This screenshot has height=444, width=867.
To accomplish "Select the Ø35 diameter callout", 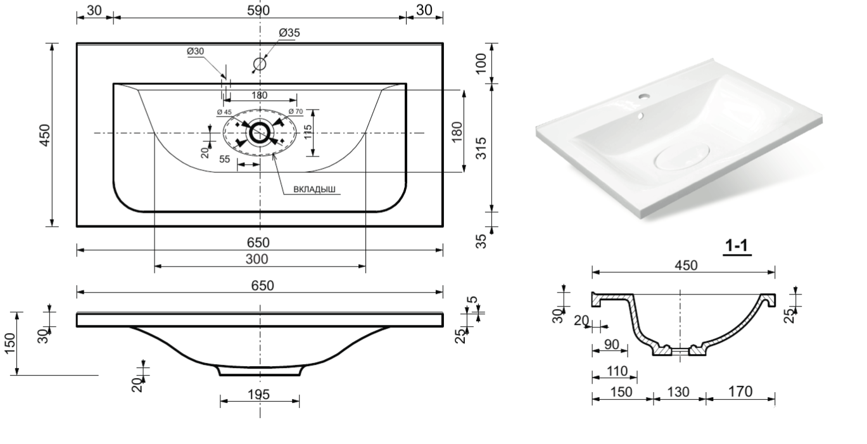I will coord(289,33).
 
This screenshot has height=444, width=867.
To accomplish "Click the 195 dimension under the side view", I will coord(258,394).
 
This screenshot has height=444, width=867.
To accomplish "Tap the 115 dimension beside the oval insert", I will coord(307,132).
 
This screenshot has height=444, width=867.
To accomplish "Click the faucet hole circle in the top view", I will coord(260,64).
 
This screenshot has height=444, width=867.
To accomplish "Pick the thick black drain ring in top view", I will coord(260,132).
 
